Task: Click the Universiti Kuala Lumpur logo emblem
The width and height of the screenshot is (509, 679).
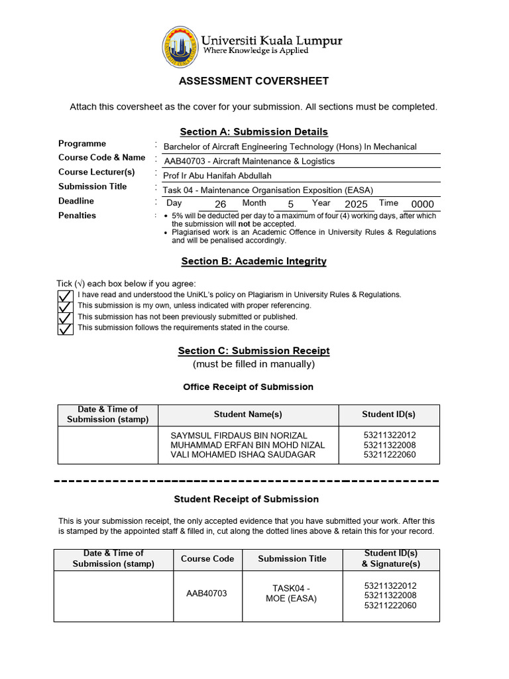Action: coord(180,48)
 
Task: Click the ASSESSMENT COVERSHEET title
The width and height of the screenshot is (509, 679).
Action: coord(254,81)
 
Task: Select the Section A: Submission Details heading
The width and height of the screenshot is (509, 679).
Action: coord(254,132)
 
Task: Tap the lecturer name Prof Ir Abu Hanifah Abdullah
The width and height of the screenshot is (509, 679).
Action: coord(217,176)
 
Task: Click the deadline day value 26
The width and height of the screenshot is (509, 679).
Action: coord(221,205)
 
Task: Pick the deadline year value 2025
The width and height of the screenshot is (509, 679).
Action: coord(356,205)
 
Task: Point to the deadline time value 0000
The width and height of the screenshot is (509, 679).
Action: coord(422,205)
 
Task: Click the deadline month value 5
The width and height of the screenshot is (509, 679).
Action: coord(290,205)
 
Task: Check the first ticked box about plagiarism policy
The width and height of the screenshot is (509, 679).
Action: coord(65,295)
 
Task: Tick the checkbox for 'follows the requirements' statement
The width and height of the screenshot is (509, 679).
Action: coord(65,328)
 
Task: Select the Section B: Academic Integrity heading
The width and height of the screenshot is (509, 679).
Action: coord(254,261)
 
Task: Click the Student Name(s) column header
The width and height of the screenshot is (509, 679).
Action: coord(248,414)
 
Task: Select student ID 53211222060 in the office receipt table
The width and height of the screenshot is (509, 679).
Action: coord(389,455)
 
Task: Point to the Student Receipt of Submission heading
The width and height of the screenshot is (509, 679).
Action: coord(247,499)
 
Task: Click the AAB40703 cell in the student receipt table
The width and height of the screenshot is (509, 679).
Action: coord(207,593)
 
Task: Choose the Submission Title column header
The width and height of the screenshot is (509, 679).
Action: coord(292,559)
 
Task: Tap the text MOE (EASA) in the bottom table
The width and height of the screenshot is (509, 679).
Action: coord(292,599)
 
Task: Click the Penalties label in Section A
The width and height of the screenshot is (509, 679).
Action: coord(77,216)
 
